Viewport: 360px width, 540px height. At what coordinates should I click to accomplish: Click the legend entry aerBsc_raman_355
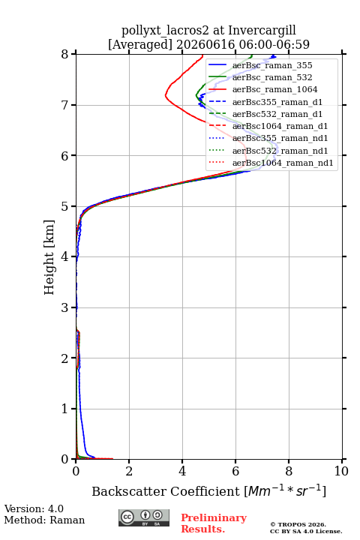click(272, 65)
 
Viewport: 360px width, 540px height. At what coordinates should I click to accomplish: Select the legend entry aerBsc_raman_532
click(272, 77)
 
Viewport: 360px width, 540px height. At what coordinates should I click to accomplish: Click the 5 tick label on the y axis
click(65, 206)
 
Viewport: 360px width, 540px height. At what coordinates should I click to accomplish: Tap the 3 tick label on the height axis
click(65, 307)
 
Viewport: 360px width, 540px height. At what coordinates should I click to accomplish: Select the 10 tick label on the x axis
click(341, 471)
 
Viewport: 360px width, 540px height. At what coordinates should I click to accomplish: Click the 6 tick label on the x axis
click(235, 471)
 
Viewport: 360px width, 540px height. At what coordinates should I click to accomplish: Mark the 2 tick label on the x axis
click(129, 471)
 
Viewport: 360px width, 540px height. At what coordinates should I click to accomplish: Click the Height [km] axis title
click(49, 257)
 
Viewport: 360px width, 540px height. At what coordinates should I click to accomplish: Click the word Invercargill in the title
click(262, 31)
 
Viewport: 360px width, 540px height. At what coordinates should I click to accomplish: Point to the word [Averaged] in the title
click(140, 44)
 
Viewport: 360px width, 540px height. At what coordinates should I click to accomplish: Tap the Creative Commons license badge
click(144, 517)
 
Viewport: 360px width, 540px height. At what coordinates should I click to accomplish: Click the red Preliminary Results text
click(214, 523)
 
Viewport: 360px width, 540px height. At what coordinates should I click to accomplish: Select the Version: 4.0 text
click(34, 508)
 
